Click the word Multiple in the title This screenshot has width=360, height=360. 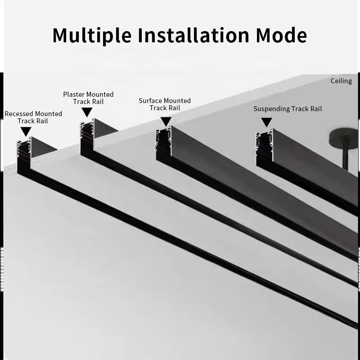pyautogui.click(x=92, y=35)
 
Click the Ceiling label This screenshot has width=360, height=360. pyautogui.click(x=341, y=81)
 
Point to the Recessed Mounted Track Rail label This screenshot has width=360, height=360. pyautogui.click(x=33, y=117)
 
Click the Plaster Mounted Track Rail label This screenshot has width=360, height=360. pyautogui.click(x=88, y=98)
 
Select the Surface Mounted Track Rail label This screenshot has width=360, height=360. pyautogui.click(x=165, y=104)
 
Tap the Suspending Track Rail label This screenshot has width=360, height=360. pyautogui.click(x=288, y=109)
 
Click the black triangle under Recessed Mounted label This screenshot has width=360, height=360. pyautogui.click(x=26, y=131)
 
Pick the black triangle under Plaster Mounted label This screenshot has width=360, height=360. pyautogui.click(x=87, y=112)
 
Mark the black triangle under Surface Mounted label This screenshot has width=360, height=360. pyautogui.click(x=166, y=121)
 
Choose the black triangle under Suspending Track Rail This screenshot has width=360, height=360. pyautogui.click(x=267, y=122)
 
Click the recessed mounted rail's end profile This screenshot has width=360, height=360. pyautogui.click(x=23, y=153)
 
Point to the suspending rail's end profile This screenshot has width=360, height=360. pyautogui.click(x=264, y=146)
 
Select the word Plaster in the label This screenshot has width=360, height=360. pyautogui.click(x=74, y=94)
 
